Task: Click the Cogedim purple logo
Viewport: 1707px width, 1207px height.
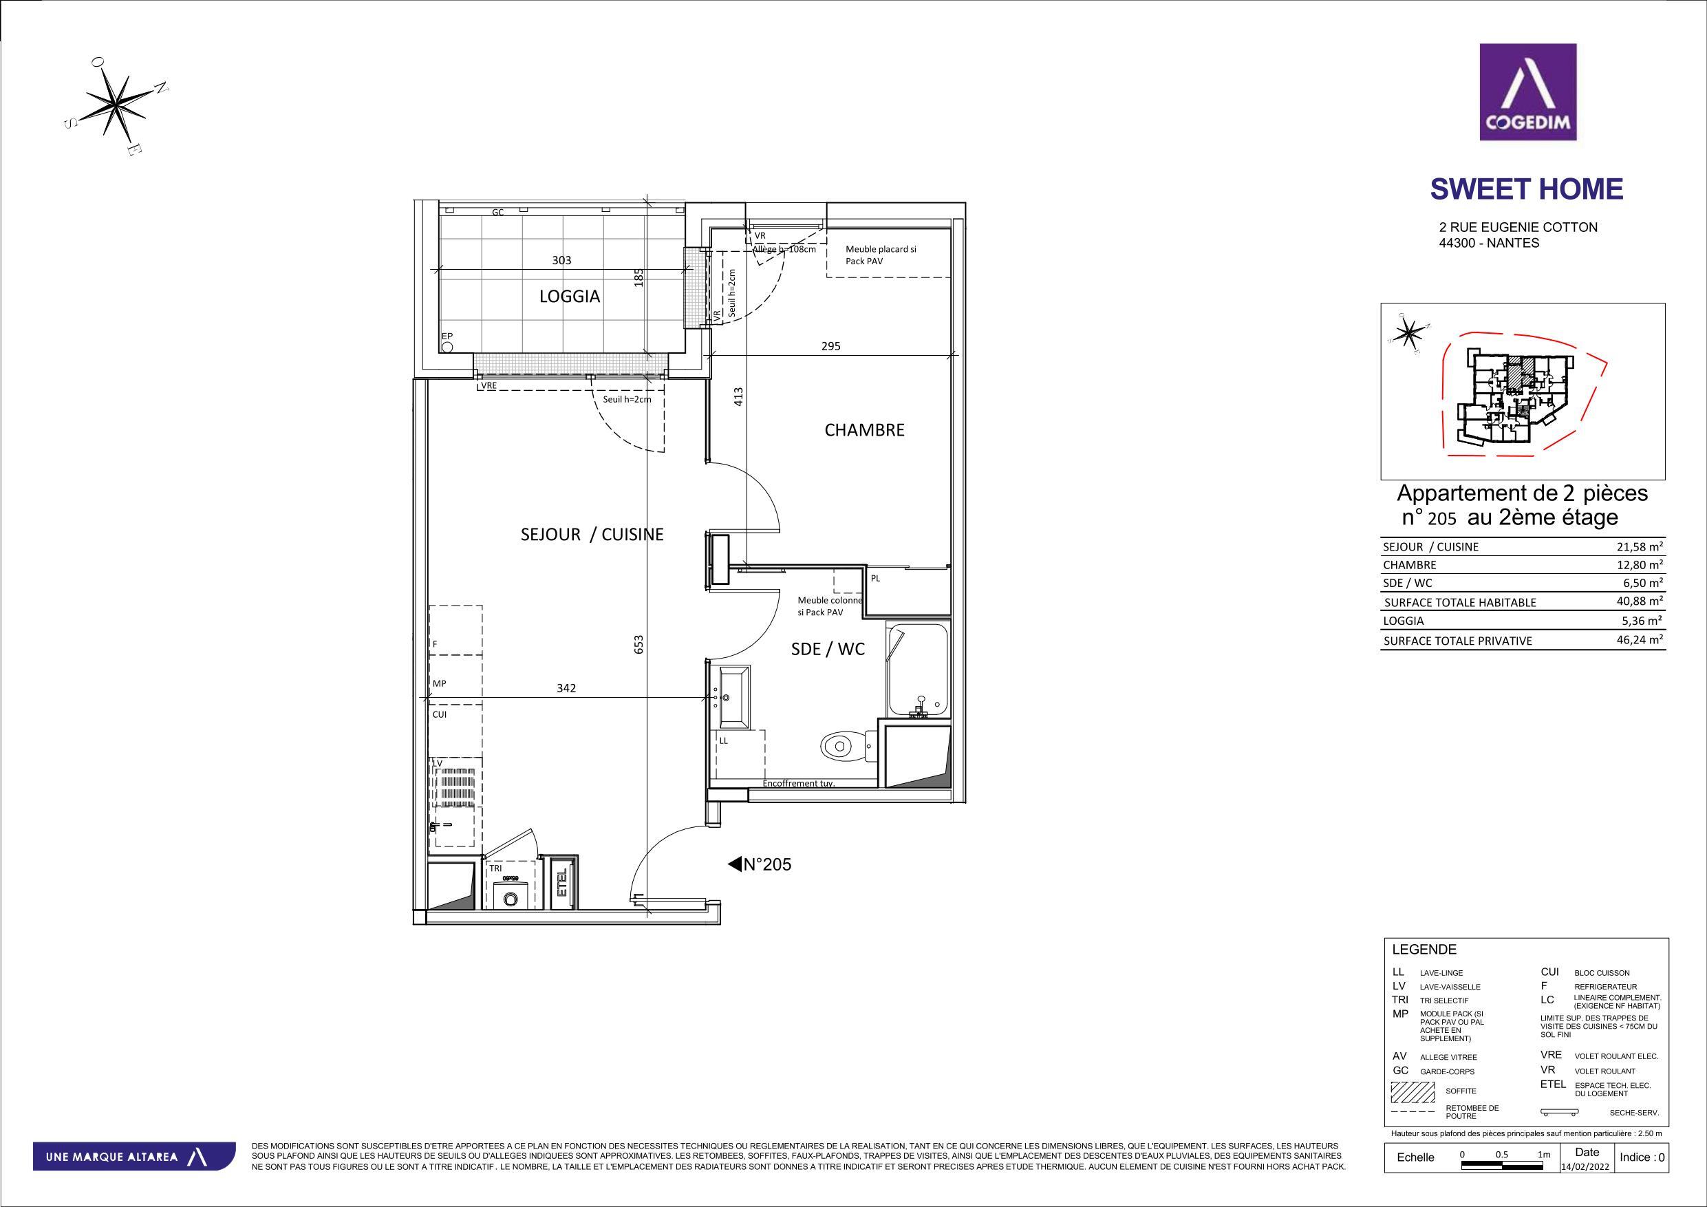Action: (1528, 92)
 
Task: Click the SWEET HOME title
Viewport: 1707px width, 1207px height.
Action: (1526, 190)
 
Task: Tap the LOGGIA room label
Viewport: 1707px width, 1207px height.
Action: (570, 296)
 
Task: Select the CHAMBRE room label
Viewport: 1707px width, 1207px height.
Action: (865, 430)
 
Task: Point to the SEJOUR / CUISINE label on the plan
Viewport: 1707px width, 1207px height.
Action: (592, 534)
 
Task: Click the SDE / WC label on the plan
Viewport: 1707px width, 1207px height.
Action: (828, 648)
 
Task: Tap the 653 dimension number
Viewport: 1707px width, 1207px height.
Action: (638, 644)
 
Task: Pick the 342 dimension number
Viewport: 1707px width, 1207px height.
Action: (566, 689)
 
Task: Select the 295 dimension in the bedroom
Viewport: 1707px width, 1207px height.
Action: (830, 346)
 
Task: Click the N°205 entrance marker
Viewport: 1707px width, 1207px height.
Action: (759, 864)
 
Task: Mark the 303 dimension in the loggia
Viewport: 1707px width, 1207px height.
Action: (562, 260)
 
